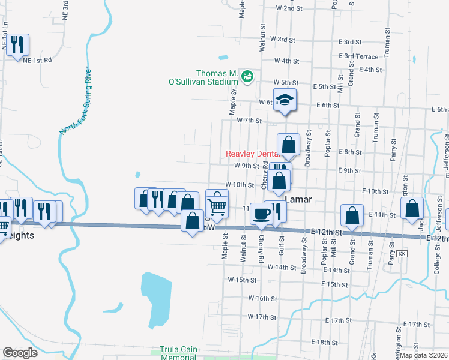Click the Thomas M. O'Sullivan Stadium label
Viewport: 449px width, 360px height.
203,77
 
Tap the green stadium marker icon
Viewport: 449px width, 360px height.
247,76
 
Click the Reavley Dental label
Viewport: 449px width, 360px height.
252,154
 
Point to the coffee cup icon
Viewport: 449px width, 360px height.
261,214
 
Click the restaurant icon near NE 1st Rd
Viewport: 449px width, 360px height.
17,44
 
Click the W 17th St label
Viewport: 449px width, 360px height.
261,316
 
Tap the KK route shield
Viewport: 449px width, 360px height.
402,254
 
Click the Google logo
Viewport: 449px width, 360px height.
20,353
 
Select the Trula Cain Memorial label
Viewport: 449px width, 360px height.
178,353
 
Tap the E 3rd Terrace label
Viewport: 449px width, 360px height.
358,56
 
